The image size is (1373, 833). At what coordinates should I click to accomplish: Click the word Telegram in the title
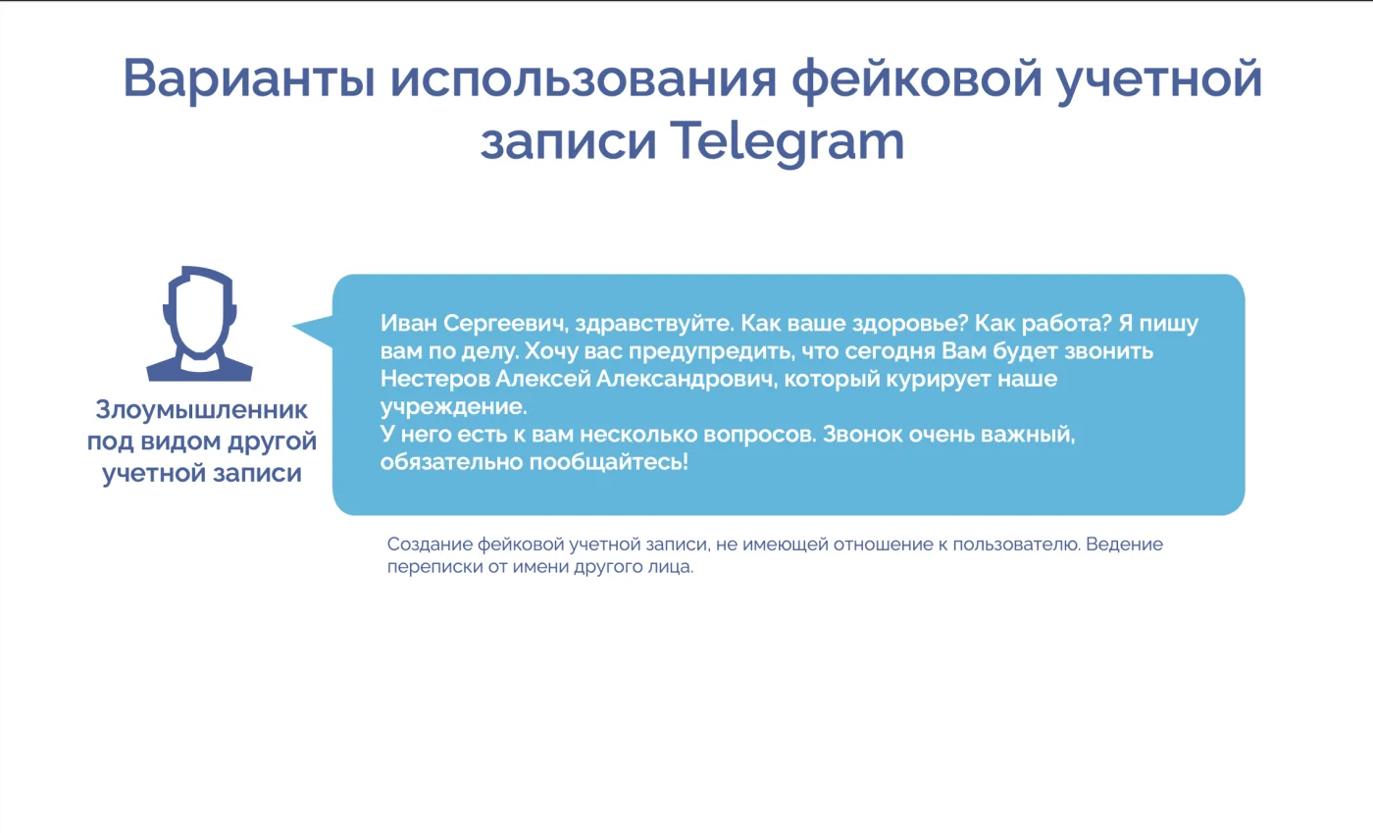click(x=787, y=142)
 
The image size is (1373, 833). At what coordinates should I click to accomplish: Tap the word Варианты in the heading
click(x=249, y=78)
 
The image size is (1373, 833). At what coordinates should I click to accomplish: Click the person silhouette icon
click(x=199, y=323)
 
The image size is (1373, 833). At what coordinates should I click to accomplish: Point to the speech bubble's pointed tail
click(x=293, y=327)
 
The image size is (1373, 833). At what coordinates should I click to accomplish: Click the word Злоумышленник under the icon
click(x=202, y=410)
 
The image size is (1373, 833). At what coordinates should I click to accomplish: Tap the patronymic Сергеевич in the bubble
click(x=506, y=324)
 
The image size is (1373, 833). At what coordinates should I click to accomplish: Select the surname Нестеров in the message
click(x=434, y=379)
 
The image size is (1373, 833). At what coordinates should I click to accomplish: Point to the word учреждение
click(x=453, y=407)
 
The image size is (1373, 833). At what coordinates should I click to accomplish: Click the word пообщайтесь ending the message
click(x=609, y=462)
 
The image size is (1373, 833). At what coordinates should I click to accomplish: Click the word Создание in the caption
click(x=430, y=545)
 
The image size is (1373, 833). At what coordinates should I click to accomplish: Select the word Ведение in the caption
click(x=1124, y=545)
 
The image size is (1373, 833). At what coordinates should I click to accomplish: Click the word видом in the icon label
click(x=180, y=442)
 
